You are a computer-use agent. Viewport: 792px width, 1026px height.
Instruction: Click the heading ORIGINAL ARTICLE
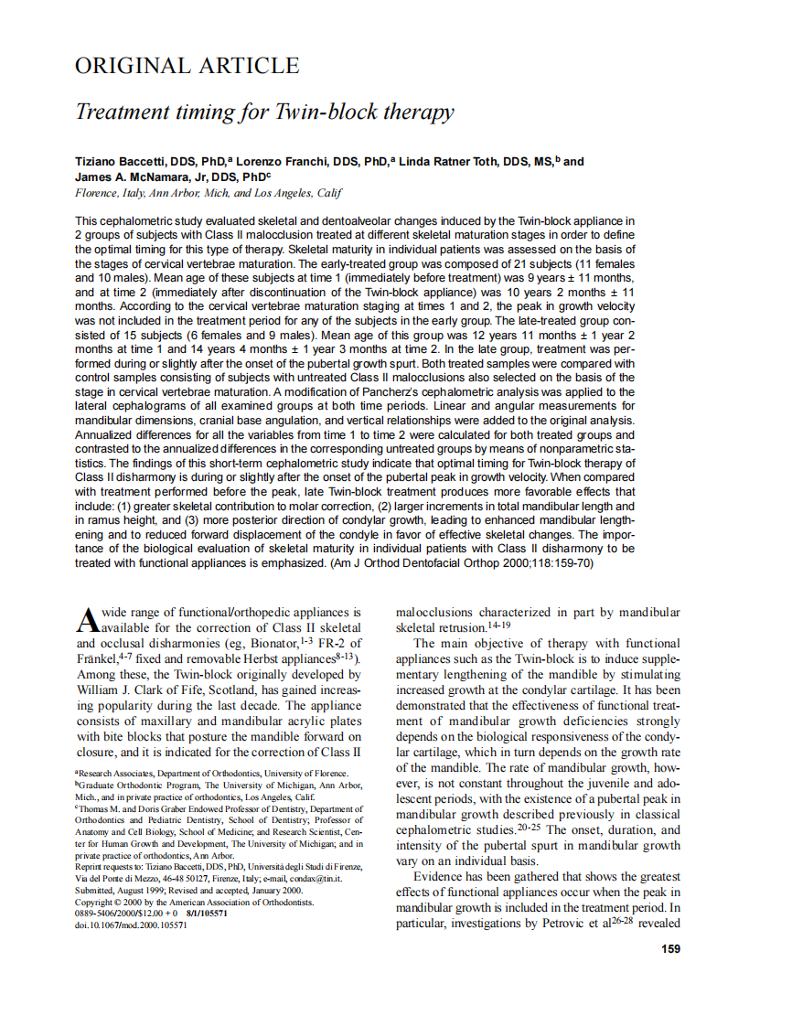click(x=187, y=66)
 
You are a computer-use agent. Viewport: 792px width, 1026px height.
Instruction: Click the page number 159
click(x=669, y=948)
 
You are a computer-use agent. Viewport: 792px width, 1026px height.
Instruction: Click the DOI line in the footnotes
click(x=131, y=924)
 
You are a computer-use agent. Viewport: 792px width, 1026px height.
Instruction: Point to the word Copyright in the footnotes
click(x=96, y=901)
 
